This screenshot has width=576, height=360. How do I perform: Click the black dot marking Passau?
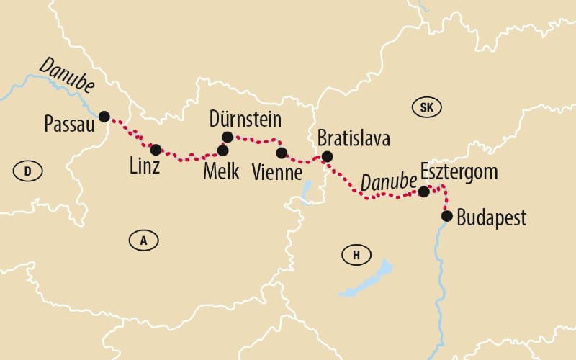point(104,116)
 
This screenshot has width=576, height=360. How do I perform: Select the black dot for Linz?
point(156,150)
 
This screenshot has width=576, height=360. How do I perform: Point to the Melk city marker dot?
point(222,150)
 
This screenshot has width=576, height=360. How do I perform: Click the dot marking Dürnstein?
point(228,137)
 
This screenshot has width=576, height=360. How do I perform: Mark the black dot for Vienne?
point(282,153)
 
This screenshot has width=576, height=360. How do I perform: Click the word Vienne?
point(278,173)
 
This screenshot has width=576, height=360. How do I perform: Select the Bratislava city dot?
point(327,156)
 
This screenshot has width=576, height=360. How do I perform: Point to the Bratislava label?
point(354,138)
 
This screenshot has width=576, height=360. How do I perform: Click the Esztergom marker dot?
point(424,192)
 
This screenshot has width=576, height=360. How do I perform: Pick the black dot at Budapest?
point(447,215)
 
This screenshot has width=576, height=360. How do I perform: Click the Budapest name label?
point(491,217)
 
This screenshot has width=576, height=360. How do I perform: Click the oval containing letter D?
point(28,171)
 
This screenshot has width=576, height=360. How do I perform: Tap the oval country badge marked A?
point(144,240)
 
